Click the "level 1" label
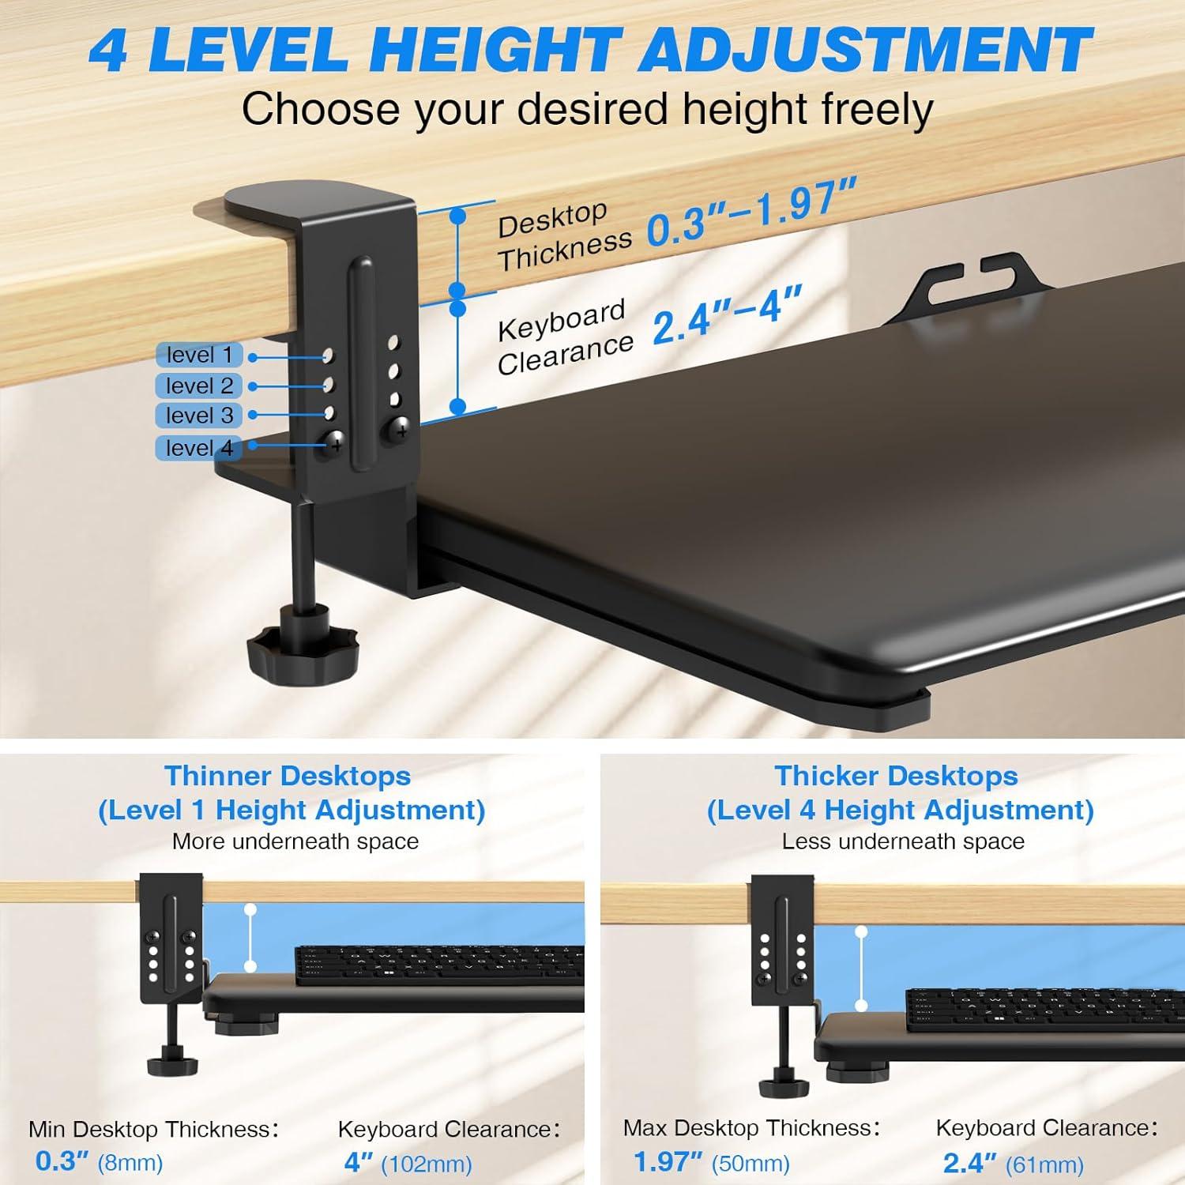tap(199, 355)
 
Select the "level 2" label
tap(199, 386)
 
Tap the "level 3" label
tap(199, 416)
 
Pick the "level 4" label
tap(199, 448)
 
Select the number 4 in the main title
tap(108, 50)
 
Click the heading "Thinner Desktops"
tap(288, 776)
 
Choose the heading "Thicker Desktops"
tap(896, 776)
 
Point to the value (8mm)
tap(130, 1163)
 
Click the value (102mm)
tap(427, 1164)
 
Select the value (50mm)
tap(750, 1163)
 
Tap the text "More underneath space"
tap(295, 841)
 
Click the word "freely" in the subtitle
tap(877, 109)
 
